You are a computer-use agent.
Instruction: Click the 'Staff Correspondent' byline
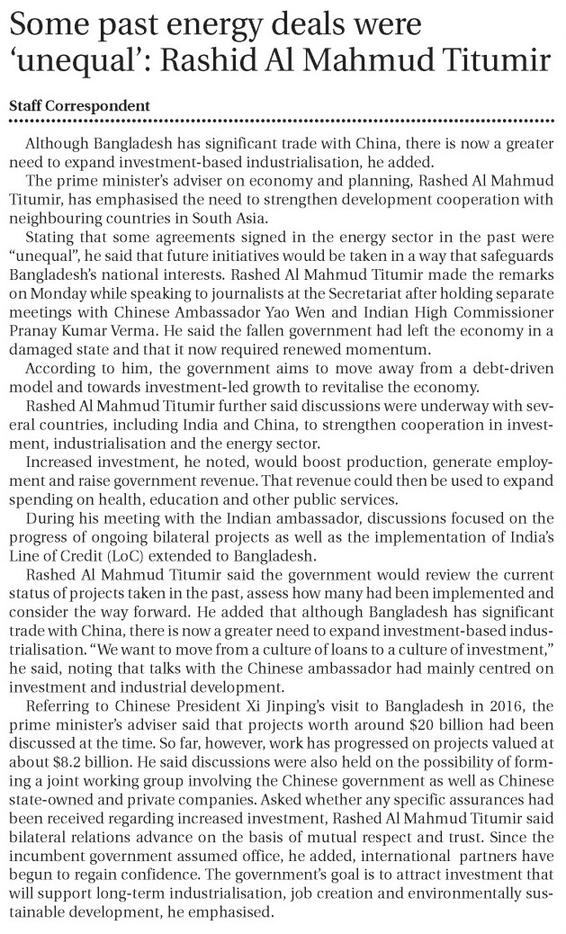[79, 105]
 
